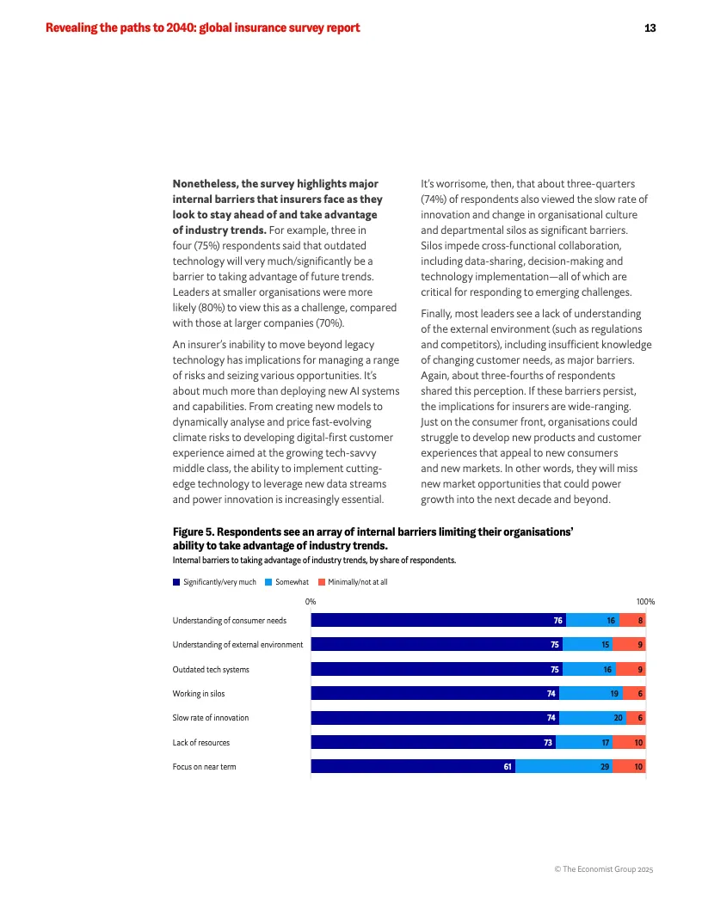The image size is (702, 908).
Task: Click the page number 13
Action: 650,28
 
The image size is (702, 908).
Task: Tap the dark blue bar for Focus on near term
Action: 413,765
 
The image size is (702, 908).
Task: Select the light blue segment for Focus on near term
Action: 563,765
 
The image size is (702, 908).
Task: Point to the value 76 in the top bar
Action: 558,620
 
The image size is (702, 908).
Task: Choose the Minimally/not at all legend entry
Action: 353,582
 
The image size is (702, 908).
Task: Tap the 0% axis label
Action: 311,602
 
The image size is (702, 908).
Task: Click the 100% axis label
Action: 644,602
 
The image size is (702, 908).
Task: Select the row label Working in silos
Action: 199,693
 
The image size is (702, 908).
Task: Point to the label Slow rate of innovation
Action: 211,717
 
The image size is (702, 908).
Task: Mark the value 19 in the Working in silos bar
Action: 613,693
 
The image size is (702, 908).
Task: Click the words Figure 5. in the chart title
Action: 194,532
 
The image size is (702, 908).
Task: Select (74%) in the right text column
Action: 436,199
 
